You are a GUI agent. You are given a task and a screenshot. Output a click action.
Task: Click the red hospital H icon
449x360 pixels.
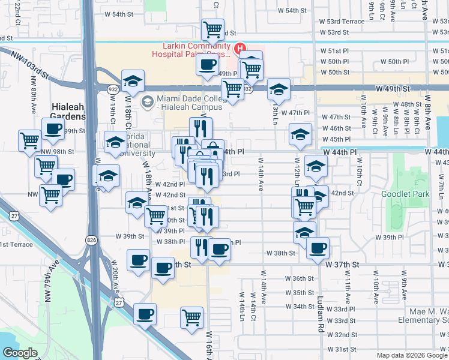click(x=240, y=48)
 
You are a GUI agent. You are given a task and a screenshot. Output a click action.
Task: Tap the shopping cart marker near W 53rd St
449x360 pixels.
click(x=212, y=29)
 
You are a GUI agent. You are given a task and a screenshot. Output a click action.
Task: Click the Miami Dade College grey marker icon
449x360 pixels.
click(x=147, y=103)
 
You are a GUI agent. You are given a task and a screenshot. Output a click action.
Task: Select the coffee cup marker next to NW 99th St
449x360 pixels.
click(x=53, y=128)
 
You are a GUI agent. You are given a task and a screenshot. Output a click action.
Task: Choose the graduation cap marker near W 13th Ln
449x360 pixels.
click(x=279, y=89)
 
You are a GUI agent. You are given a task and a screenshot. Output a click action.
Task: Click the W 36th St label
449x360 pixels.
click(x=300, y=278)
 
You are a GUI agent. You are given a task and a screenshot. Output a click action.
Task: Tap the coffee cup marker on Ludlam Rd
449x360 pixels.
click(x=318, y=247)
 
